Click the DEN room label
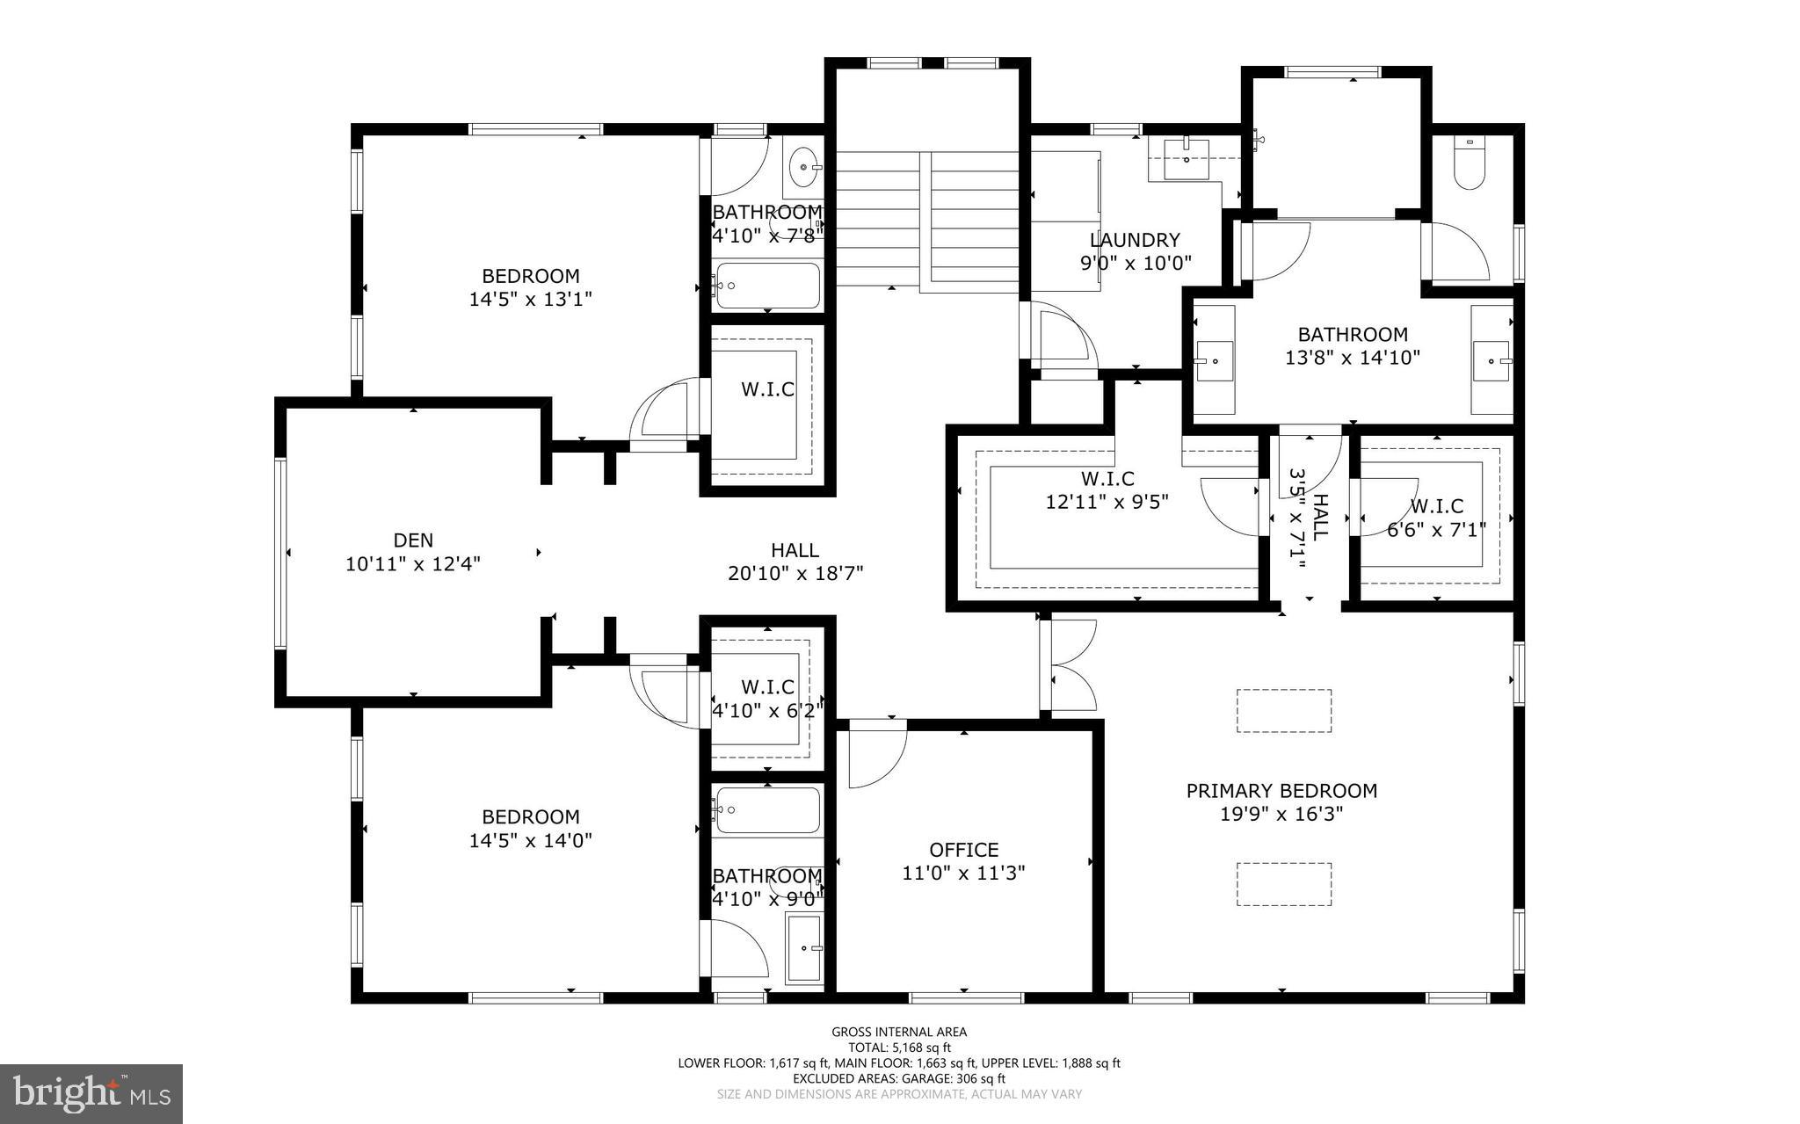coord(413,540)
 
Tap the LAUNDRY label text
coord(1135,240)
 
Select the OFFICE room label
coord(963,850)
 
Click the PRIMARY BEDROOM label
coord(1281,790)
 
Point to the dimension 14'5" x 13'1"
coord(530,300)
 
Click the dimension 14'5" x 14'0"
coord(530,841)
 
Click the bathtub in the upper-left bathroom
coord(767,286)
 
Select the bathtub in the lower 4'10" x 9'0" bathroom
coord(767,809)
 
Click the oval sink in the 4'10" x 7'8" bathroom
coord(803,166)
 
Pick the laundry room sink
coord(1186,158)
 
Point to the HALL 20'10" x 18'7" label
coord(795,562)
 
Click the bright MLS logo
coord(91,1093)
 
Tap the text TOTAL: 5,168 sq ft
coord(898,1048)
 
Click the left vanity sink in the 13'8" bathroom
coord(1215,360)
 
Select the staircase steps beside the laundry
coord(926,220)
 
